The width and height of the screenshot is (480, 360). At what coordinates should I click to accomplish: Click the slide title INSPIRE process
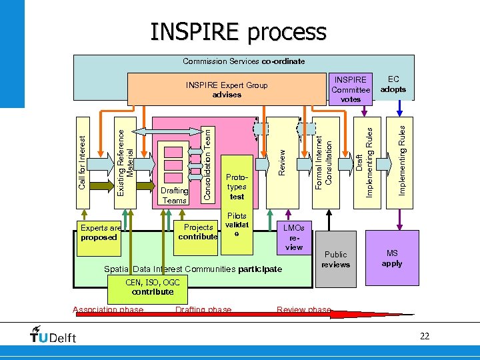pos(238,31)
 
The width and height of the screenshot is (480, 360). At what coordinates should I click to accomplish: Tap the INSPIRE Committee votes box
pos(351,89)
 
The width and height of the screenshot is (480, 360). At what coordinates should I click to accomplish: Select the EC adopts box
pos(393,85)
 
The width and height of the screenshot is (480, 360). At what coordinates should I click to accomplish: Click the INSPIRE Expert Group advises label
pos(227,90)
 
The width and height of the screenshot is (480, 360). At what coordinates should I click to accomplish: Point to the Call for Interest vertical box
pos(83,163)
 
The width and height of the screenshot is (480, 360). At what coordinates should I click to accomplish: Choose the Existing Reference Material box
pos(125,163)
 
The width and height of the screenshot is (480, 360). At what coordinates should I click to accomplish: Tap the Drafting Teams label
pos(174,196)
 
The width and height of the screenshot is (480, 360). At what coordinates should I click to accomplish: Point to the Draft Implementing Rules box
pos(364,163)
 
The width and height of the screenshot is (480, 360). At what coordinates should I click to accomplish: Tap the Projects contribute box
pos(198,232)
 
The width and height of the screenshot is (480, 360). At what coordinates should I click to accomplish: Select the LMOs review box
pos(293,237)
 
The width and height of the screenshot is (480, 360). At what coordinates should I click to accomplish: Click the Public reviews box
pos(335,259)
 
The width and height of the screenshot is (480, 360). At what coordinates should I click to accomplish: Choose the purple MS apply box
pos(392,258)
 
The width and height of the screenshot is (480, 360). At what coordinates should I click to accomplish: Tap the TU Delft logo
pos(53,336)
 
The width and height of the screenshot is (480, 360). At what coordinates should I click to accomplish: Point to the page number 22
pos(425,337)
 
